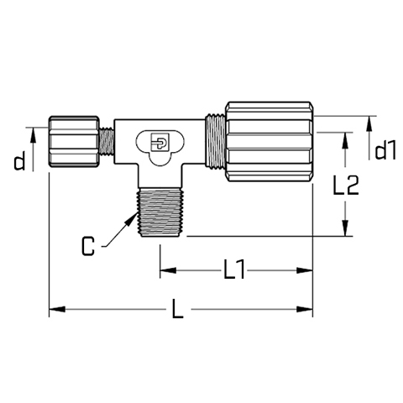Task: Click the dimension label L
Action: [x=178, y=308]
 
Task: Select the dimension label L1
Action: [x=234, y=270]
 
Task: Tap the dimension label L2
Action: [x=346, y=185]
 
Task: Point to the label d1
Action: [x=385, y=150]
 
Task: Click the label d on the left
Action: [x=19, y=160]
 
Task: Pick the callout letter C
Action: [x=88, y=246]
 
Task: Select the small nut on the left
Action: [x=74, y=142]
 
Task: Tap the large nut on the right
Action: [x=269, y=142]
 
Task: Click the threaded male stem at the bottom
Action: [x=160, y=212]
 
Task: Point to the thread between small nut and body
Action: [x=107, y=141]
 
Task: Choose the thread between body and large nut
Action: [x=215, y=141]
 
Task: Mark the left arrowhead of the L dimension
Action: [x=57, y=309]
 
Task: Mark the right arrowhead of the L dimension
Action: [x=305, y=309]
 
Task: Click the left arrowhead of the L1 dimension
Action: [x=168, y=270]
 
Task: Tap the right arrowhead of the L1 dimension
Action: [x=305, y=270]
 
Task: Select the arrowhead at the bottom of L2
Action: [x=346, y=228]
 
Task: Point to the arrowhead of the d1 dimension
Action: [x=369, y=123]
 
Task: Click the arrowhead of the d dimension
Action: [x=33, y=135]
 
